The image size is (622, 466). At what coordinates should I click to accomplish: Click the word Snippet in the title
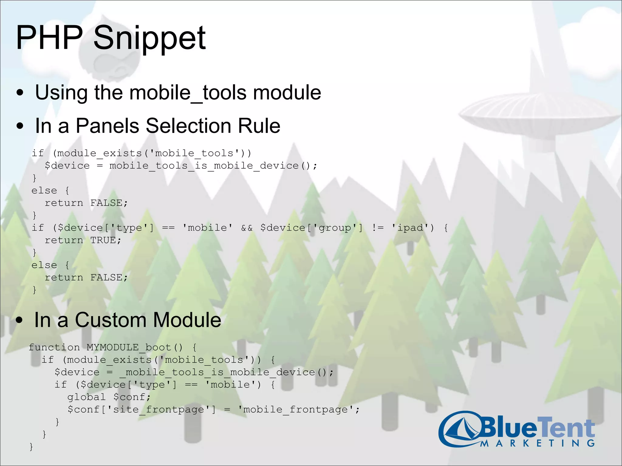pyautogui.click(x=149, y=38)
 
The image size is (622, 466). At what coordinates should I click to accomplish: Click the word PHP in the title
pyautogui.click(x=49, y=38)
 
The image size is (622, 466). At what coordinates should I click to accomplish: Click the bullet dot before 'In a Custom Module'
pyautogui.click(x=20, y=321)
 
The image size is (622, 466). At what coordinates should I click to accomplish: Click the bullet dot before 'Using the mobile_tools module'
pyautogui.click(x=20, y=93)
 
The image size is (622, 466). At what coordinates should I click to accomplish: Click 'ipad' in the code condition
pyautogui.click(x=410, y=228)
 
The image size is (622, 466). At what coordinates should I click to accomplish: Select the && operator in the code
pyautogui.click(x=247, y=228)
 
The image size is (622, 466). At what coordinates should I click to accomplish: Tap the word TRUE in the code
pyautogui.click(x=103, y=240)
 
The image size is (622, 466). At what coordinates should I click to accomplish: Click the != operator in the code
pyautogui.click(x=378, y=228)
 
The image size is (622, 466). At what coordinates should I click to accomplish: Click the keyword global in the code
pyautogui.click(x=86, y=397)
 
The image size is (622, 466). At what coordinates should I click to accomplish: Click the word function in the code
pyautogui.click(x=54, y=347)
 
